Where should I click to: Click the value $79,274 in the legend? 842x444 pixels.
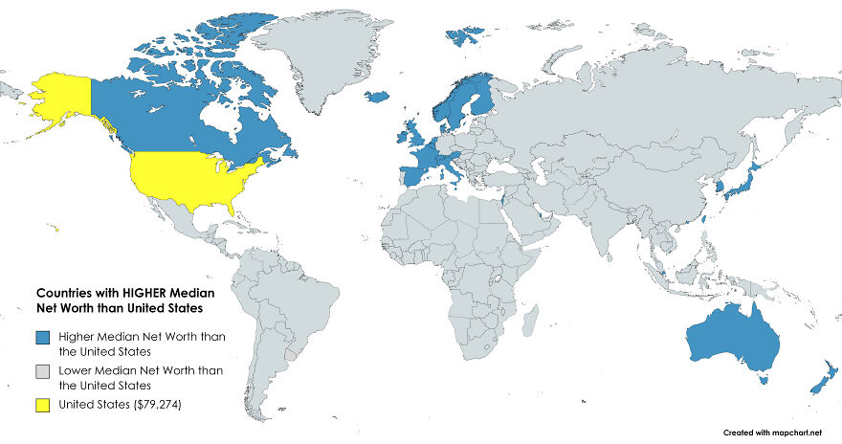[x=147, y=406]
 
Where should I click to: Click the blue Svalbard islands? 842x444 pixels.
[x=465, y=35]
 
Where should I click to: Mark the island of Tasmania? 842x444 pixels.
[x=762, y=380]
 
